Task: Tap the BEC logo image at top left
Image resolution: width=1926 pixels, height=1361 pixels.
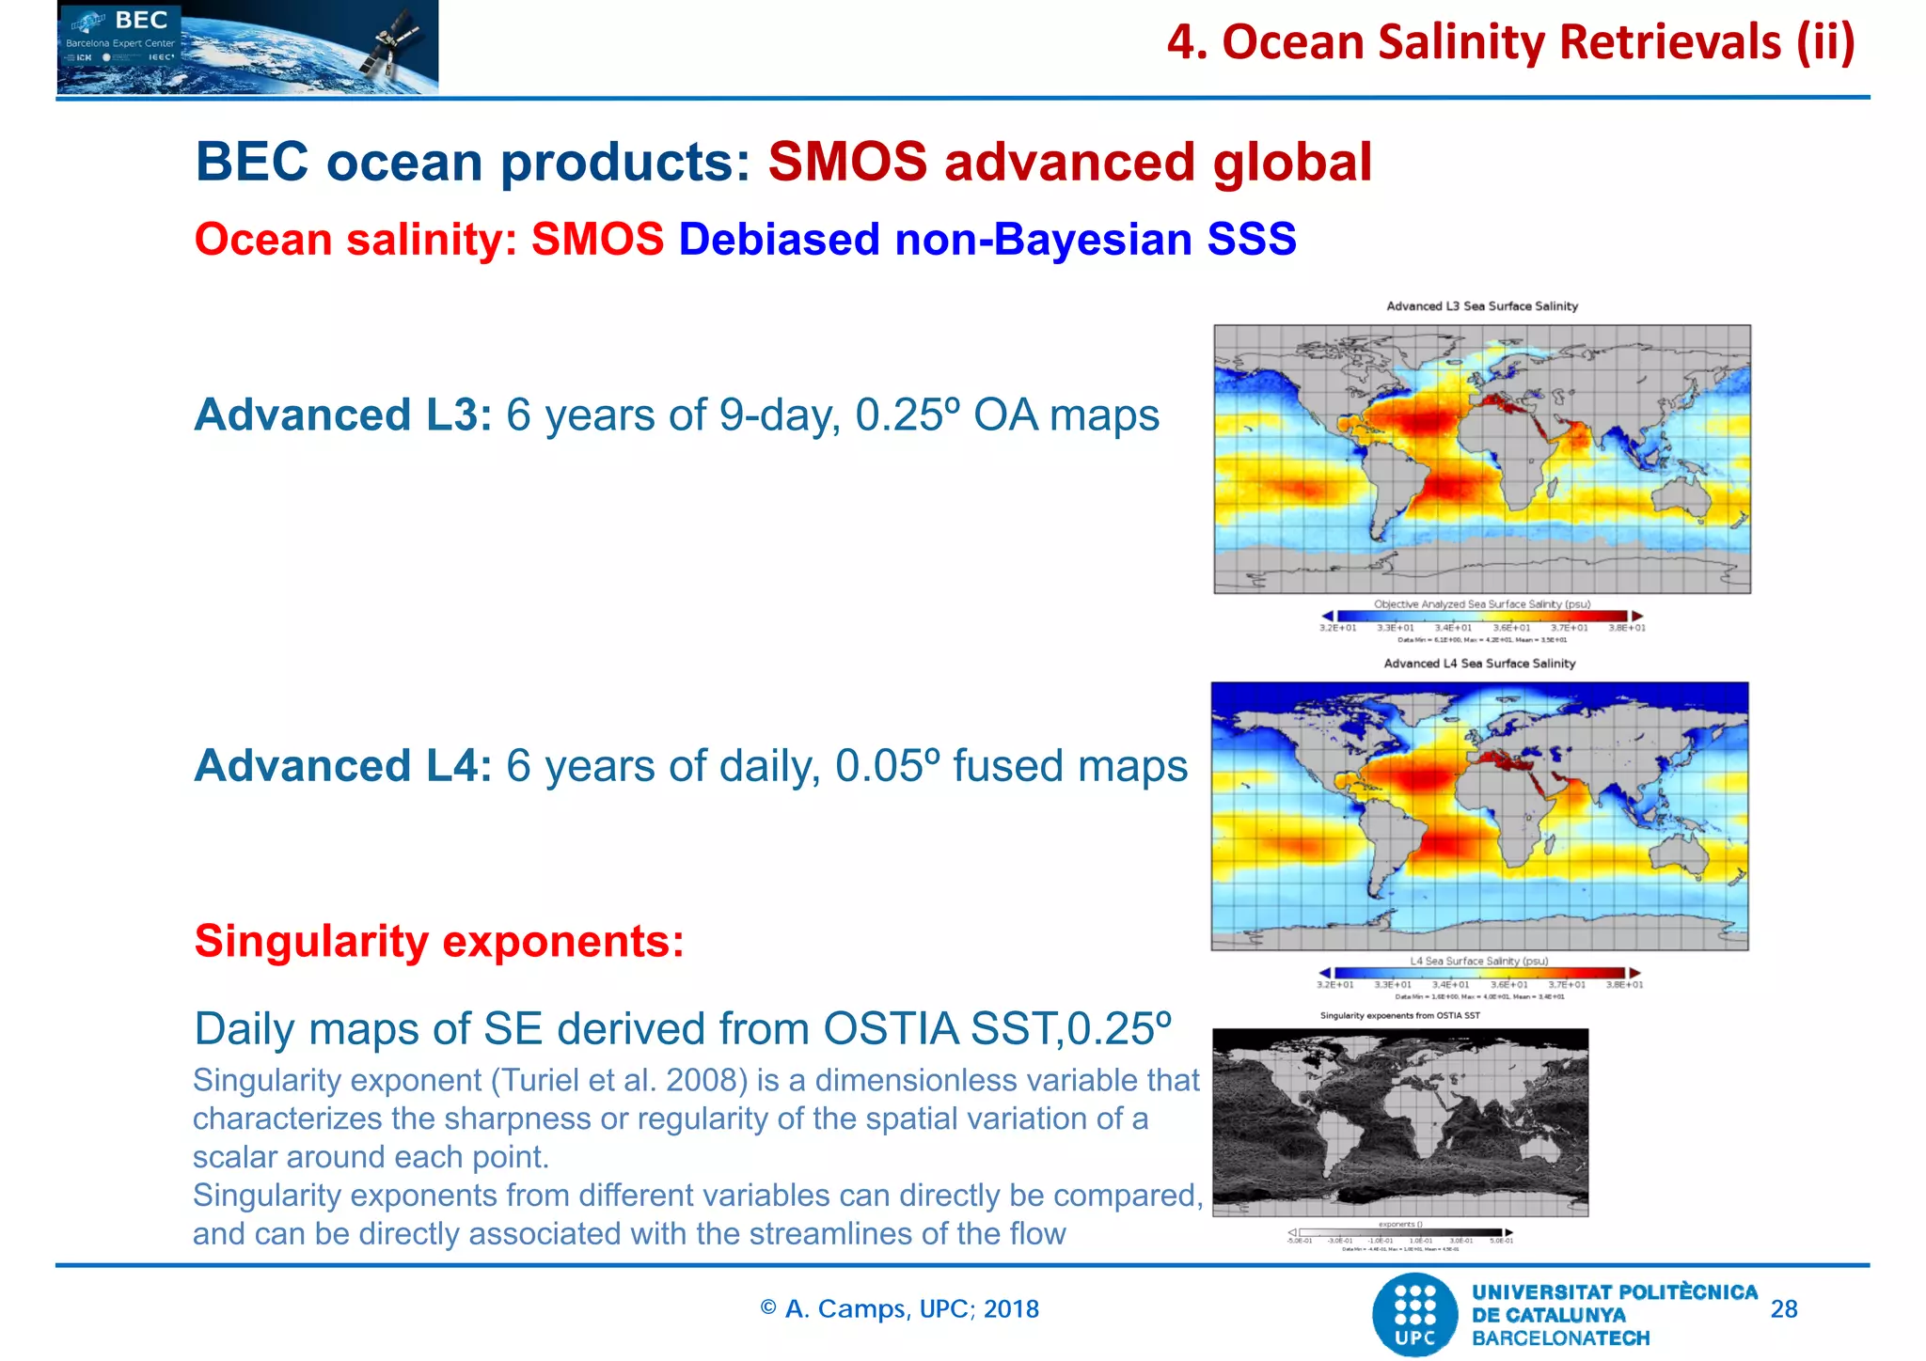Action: [246, 47]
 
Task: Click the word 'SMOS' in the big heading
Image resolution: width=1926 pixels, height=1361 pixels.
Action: [846, 162]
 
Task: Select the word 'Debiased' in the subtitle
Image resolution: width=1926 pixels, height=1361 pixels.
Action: [779, 239]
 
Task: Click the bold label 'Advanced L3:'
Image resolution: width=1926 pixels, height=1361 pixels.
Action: [342, 415]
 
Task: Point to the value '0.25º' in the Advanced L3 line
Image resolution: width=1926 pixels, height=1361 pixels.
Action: [907, 415]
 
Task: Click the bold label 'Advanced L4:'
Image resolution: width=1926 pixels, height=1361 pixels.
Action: [342, 765]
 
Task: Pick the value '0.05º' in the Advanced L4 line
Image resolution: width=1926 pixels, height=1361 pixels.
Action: [887, 765]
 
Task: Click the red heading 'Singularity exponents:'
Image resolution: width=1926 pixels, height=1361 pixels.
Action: [439, 941]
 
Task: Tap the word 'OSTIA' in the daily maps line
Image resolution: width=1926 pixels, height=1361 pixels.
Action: [891, 1029]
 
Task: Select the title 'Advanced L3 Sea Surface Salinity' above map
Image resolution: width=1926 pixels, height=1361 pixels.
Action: [1481, 306]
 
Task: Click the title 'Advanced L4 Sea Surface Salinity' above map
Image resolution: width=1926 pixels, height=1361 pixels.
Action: [1479, 664]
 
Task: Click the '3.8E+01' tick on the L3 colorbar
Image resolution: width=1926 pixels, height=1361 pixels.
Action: [1626, 628]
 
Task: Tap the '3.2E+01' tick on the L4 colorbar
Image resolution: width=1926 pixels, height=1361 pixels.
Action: [1334, 985]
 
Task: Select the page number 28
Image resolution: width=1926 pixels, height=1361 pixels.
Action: [1783, 1309]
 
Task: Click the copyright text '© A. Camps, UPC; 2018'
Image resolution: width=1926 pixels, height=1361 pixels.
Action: [899, 1309]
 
